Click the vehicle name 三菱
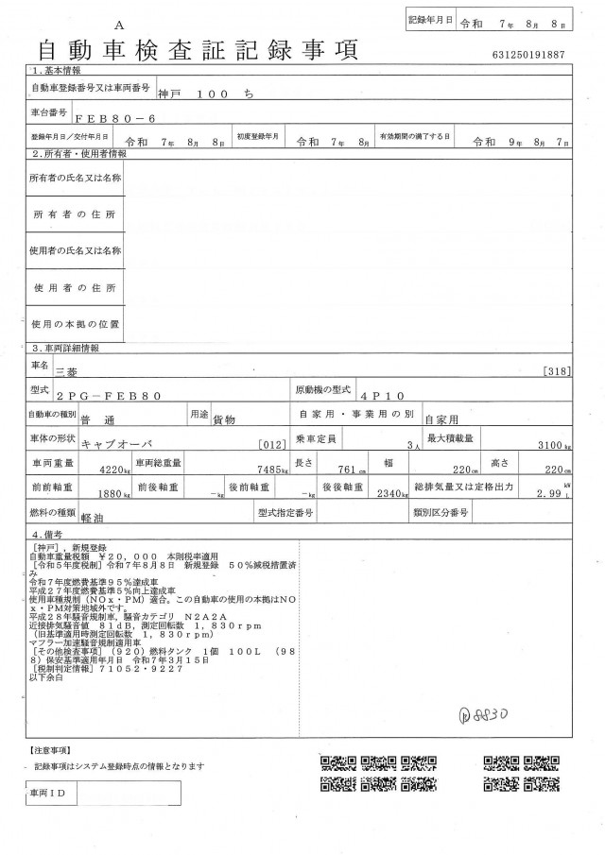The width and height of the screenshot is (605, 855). pyautogui.click(x=68, y=373)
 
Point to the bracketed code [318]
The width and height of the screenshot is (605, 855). pyautogui.click(x=556, y=372)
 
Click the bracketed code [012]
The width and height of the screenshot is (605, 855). pyautogui.click(x=270, y=444)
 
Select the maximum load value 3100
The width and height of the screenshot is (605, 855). pyautogui.click(x=550, y=444)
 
